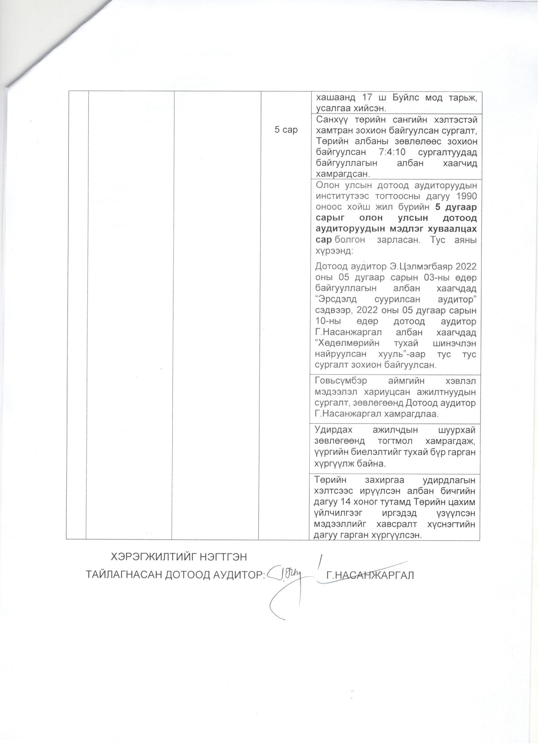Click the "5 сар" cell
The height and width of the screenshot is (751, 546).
[286, 130]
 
